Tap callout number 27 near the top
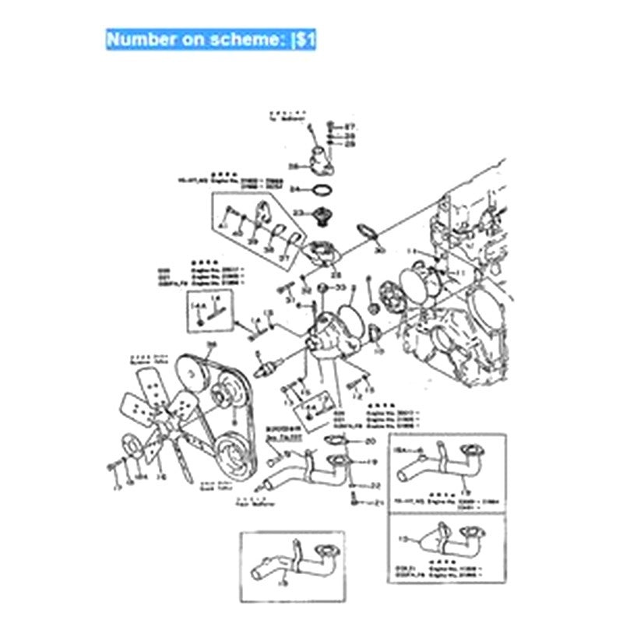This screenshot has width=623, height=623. (350, 126)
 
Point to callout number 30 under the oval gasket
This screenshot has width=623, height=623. (379, 251)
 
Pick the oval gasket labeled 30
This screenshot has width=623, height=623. (367, 232)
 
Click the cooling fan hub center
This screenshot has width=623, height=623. (157, 415)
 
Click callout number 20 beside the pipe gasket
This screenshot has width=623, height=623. (370, 442)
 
